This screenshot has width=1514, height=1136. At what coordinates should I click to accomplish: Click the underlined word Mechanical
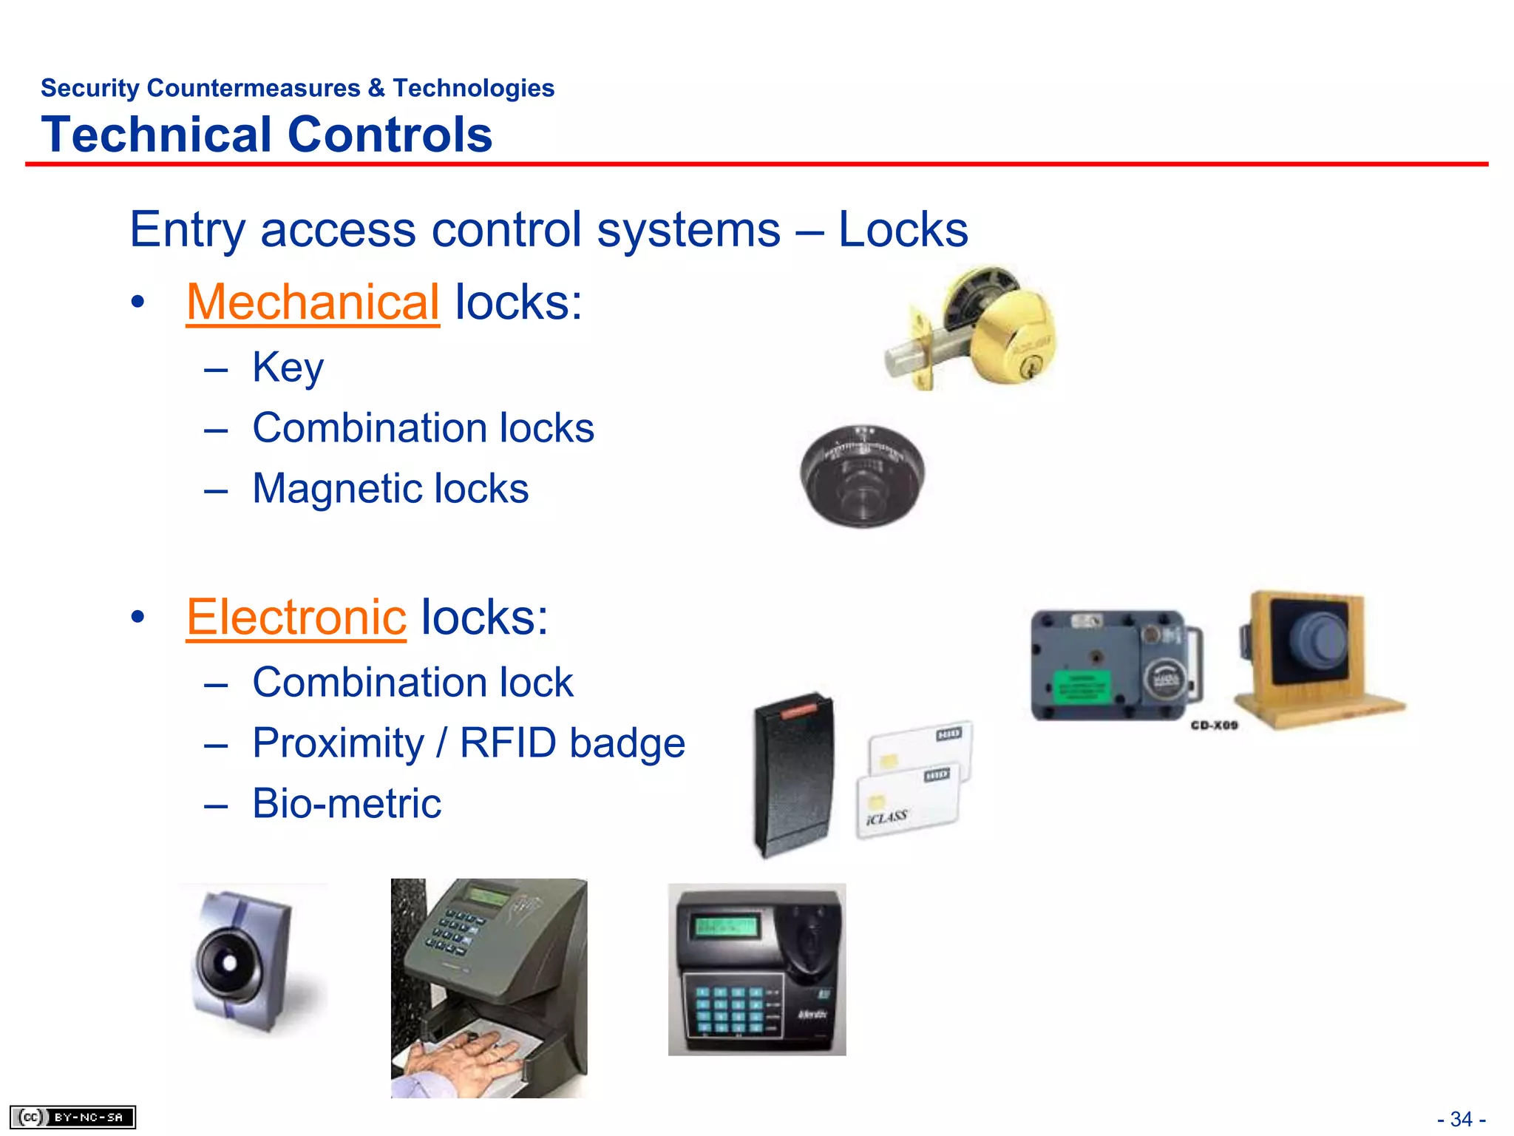(x=313, y=302)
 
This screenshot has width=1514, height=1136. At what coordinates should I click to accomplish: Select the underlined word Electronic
(x=296, y=618)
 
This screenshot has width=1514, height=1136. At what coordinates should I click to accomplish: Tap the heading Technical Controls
(x=267, y=135)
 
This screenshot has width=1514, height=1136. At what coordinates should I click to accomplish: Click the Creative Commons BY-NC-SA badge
(x=72, y=1117)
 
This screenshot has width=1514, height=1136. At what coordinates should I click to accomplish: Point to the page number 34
(x=1461, y=1119)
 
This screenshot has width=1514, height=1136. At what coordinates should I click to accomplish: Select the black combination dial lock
(x=862, y=475)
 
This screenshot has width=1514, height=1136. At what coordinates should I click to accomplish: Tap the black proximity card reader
(x=793, y=774)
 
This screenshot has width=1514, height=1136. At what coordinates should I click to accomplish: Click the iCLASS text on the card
(x=886, y=817)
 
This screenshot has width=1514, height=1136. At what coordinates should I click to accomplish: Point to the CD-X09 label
(x=1214, y=726)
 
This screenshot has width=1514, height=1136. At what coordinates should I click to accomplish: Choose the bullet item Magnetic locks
(x=390, y=489)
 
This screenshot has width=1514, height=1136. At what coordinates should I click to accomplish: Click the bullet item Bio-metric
(x=347, y=804)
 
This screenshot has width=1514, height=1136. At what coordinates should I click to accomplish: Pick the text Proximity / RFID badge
(x=469, y=743)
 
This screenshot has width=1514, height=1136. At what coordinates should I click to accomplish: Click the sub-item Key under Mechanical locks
(x=288, y=367)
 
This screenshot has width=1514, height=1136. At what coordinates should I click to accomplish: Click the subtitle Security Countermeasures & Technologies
(x=297, y=88)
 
